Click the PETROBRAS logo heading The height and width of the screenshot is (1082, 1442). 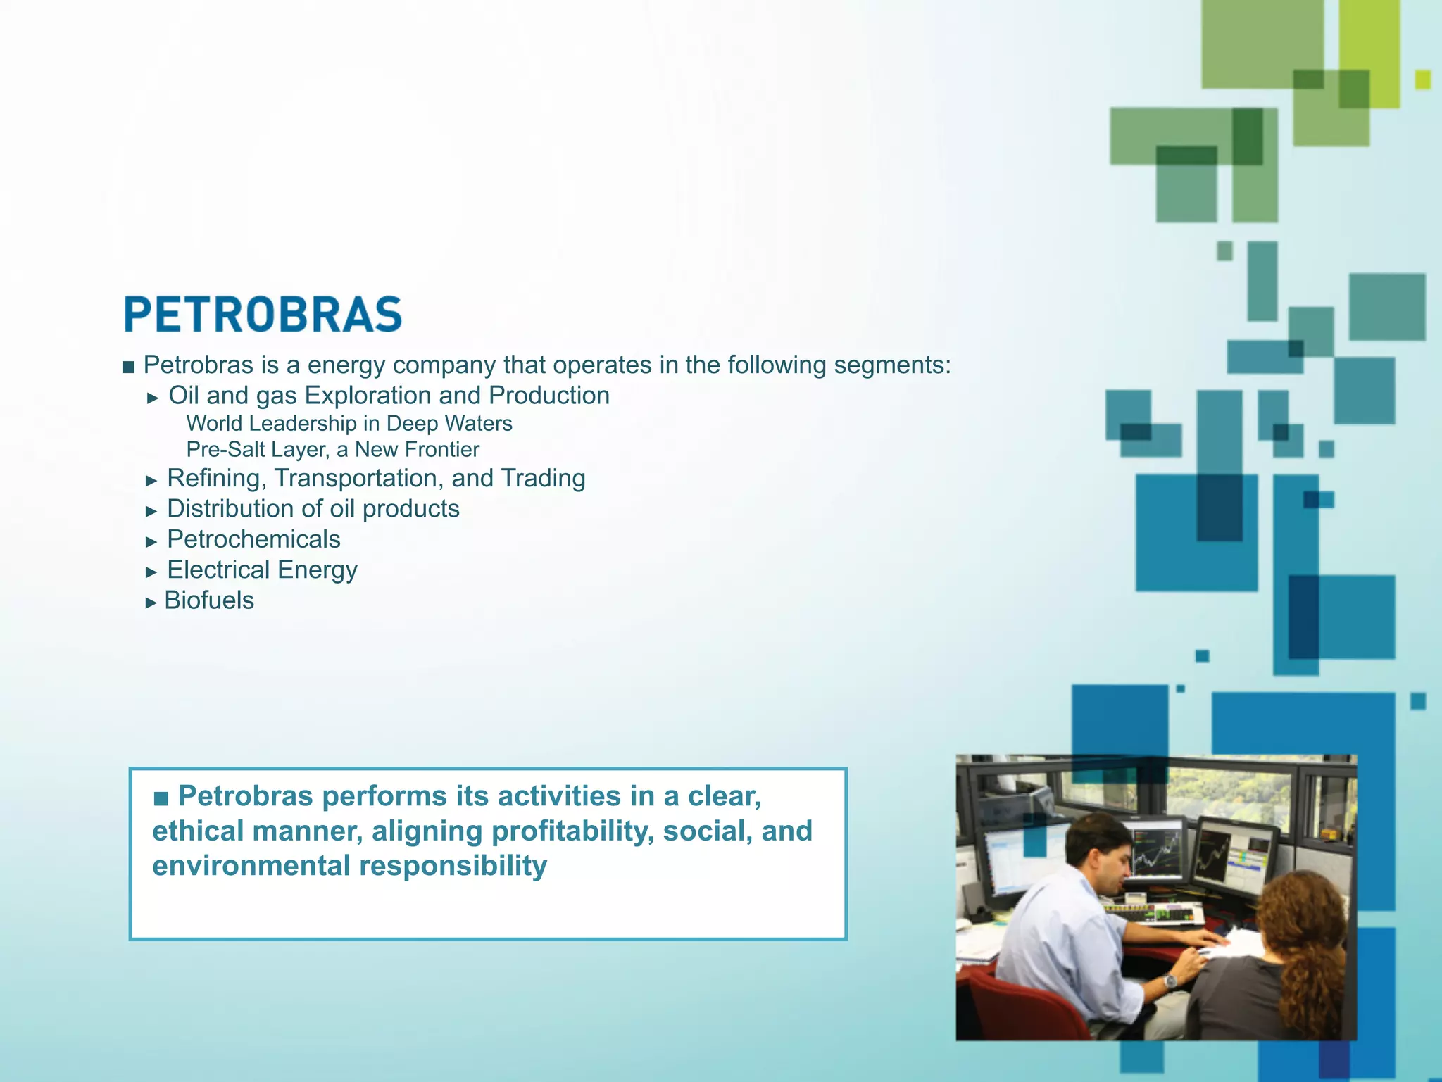pyautogui.click(x=263, y=314)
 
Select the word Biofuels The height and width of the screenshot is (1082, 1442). pyautogui.click(x=209, y=600)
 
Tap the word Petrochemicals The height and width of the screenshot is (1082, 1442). pyautogui.click(x=253, y=539)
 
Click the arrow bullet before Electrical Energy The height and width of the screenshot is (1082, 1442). pyautogui.click(x=151, y=572)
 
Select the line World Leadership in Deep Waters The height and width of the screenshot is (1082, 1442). pyautogui.click(x=349, y=424)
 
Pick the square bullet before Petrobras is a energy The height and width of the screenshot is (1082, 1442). pyautogui.click(x=128, y=367)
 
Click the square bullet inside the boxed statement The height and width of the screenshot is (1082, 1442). pyautogui.click(x=161, y=798)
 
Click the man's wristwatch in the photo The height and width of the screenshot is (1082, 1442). pyautogui.click(x=1170, y=981)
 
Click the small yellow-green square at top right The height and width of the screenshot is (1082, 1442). pyautogui.click(x=1422, y=80)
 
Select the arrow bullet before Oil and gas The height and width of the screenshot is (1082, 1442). pyautogui.click(x=153, y=398)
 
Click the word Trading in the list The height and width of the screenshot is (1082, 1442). pyautogui.click(x=543, y=479)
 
